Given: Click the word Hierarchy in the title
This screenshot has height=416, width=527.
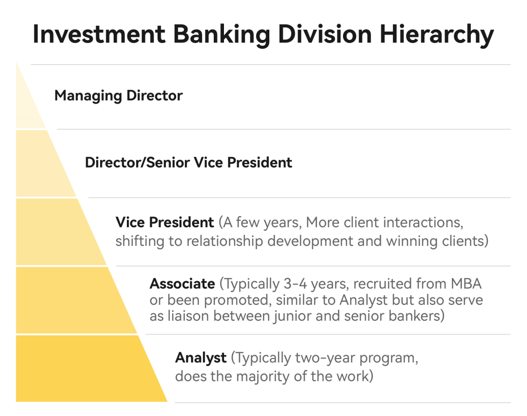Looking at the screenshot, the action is (x=437, y=35).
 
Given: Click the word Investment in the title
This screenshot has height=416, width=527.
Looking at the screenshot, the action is (x=99, y=34).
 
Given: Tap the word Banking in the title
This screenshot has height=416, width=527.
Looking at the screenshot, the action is (x=222, y=35).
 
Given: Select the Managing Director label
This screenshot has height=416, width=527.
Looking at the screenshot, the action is (x=118, y=96).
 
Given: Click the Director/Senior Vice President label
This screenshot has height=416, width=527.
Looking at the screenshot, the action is (x=188, y=162).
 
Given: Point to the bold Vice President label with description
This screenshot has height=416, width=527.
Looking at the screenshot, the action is (x=165, y=222).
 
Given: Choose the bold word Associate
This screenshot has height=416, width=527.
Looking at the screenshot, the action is (x=182, y=284).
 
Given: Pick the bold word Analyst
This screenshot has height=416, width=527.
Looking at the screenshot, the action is (x=201, y=358).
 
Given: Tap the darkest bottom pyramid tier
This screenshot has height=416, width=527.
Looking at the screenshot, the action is (x=84, y=369).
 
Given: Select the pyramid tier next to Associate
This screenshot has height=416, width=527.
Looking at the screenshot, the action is (x=67, y=300).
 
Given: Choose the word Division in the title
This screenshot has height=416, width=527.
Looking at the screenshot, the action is (x=325, y=34).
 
